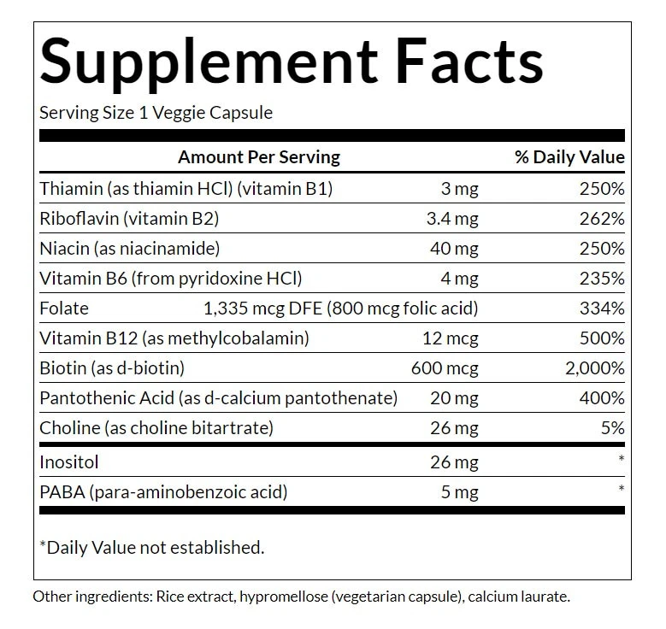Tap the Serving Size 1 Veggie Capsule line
click(156, 113)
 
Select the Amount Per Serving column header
click(258, 157)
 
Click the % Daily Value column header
click(569, 157)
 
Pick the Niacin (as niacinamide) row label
click(130, 249)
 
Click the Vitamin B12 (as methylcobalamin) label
click(174, 338)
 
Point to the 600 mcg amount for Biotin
click(445, 368)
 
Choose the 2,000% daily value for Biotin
click(592, 368)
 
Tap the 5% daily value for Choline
click(611, 428)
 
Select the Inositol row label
click(69, 462)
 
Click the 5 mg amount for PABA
click(459, 492)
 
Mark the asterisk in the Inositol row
click(621, 460)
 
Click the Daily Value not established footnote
click(151, 547)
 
